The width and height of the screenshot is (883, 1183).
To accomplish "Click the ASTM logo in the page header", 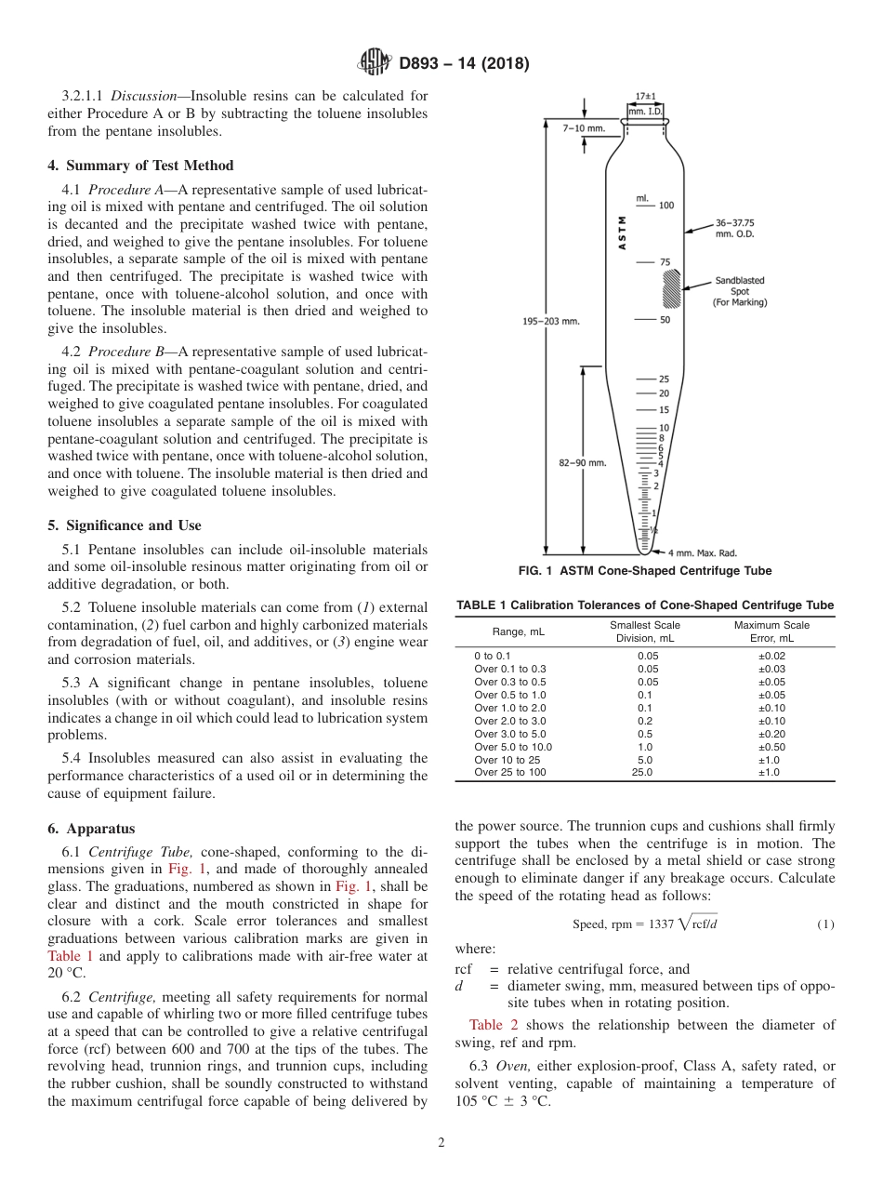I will pos(375,63).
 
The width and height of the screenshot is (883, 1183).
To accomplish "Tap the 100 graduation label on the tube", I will pos(666,206).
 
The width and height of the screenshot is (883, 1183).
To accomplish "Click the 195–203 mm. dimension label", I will pos(550,321).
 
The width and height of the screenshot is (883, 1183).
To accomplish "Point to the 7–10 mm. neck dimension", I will pos(583,127).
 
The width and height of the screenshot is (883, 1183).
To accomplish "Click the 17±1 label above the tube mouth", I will pos(646,96).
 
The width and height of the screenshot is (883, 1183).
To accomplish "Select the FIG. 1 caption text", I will pos(644,571).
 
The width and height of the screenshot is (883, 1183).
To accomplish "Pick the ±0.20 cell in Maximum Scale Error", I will pos(771,734).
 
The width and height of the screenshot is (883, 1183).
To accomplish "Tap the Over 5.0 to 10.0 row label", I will pos(513,747).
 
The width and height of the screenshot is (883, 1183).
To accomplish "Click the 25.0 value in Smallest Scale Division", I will pos(642,772).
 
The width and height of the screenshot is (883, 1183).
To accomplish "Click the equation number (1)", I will pos(825,924).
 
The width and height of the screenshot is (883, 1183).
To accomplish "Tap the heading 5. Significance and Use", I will pos(125,525).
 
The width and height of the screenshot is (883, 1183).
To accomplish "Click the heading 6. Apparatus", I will pos(91,829).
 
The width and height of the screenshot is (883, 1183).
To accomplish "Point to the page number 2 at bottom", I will pos(441,1143).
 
